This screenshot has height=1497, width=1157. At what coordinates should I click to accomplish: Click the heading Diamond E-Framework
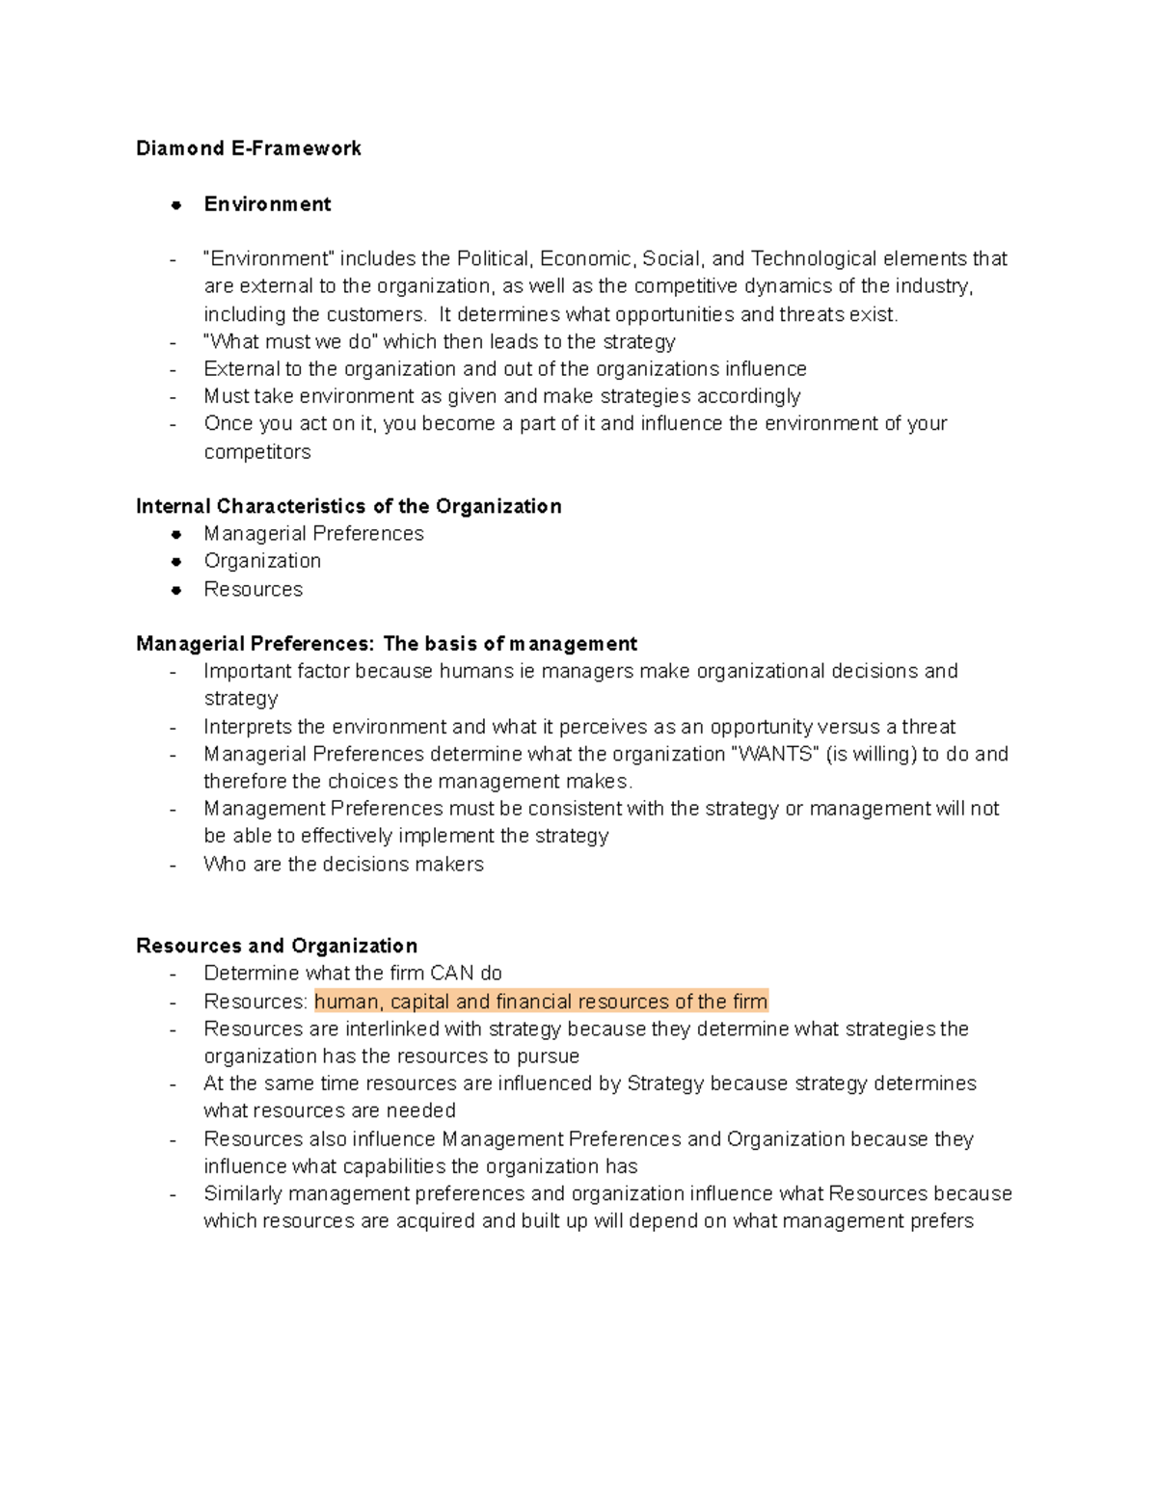[249, 148]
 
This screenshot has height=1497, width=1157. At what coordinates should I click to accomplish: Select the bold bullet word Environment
[267, 204]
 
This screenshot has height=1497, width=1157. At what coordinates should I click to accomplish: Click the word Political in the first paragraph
[493, 259]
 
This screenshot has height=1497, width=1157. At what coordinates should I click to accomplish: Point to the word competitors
[256, 452]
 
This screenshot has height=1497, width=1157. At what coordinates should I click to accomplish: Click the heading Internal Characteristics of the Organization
[348, 507]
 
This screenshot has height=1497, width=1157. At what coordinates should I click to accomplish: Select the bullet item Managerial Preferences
[313, 534]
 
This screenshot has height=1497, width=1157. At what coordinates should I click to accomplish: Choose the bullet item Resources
[253, 590]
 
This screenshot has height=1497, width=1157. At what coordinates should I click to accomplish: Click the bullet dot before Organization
[175, 562]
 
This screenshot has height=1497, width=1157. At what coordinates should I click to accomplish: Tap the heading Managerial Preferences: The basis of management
[387, 644]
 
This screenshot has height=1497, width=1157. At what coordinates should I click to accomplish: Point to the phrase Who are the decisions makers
[343, 865]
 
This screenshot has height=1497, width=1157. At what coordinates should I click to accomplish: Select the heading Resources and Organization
[277, 946]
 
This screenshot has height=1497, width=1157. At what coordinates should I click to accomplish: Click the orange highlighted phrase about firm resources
[541, 1002]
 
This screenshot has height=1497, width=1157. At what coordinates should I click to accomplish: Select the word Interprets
[248, 728]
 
